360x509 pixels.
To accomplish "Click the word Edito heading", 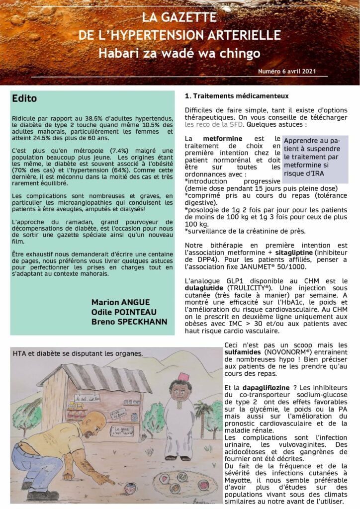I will tap(24, 98).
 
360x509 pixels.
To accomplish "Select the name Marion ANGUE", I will tap(121, 302).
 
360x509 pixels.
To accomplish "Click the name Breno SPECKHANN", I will tap(129, 321).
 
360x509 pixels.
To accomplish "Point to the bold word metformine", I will tap(223, 138).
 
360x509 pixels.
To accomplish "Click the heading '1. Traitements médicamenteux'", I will tap(236, 96).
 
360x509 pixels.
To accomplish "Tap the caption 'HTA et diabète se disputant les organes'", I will tap(78, 354).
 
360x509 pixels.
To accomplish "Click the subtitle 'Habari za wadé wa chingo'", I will tap(180, 53).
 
